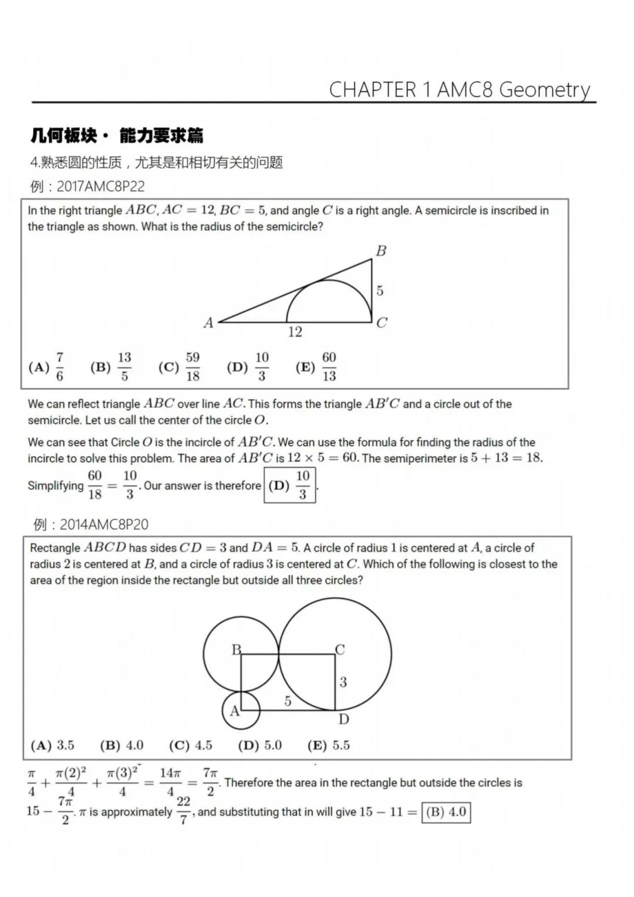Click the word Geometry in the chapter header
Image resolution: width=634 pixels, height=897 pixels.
coord(544,90)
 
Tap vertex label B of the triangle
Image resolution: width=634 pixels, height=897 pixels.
coord(381,251)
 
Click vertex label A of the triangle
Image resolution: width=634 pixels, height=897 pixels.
coord(208,322)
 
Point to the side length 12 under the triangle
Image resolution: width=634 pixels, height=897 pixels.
coord(295,332)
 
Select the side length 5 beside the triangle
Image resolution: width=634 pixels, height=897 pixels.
coord(380,290)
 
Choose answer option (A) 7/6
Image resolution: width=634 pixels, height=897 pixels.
coord(47,367)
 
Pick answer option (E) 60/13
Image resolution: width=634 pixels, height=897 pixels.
coord(316,367)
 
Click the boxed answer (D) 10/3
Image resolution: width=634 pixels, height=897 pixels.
coord(290,485)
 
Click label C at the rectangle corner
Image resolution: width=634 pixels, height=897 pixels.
coord(340,650)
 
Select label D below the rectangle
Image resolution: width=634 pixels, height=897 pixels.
coord(343,719)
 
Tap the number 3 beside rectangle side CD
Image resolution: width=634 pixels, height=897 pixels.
coord(343,682)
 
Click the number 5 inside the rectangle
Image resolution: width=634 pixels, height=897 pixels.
coord(288,701)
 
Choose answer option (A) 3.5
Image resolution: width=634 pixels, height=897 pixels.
coord(53,745)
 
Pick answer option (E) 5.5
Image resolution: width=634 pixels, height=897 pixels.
coord(329,745)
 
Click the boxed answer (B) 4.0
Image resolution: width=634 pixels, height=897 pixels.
coord(446,812)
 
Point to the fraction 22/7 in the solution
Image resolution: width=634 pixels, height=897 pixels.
coord(183,810)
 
